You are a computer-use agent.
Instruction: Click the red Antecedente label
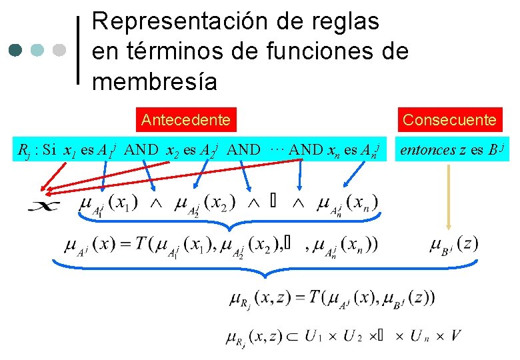186,120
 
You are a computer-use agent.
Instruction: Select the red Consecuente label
450,120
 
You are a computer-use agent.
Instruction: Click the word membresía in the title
155,81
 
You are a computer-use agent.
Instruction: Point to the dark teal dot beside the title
17,50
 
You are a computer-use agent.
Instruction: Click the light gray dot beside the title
59,50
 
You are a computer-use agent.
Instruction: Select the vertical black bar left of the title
80,50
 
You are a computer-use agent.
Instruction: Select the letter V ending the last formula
456,335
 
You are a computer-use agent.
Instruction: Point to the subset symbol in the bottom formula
289,336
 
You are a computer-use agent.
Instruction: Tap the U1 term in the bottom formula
313,336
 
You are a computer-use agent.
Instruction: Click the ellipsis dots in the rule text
278,148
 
